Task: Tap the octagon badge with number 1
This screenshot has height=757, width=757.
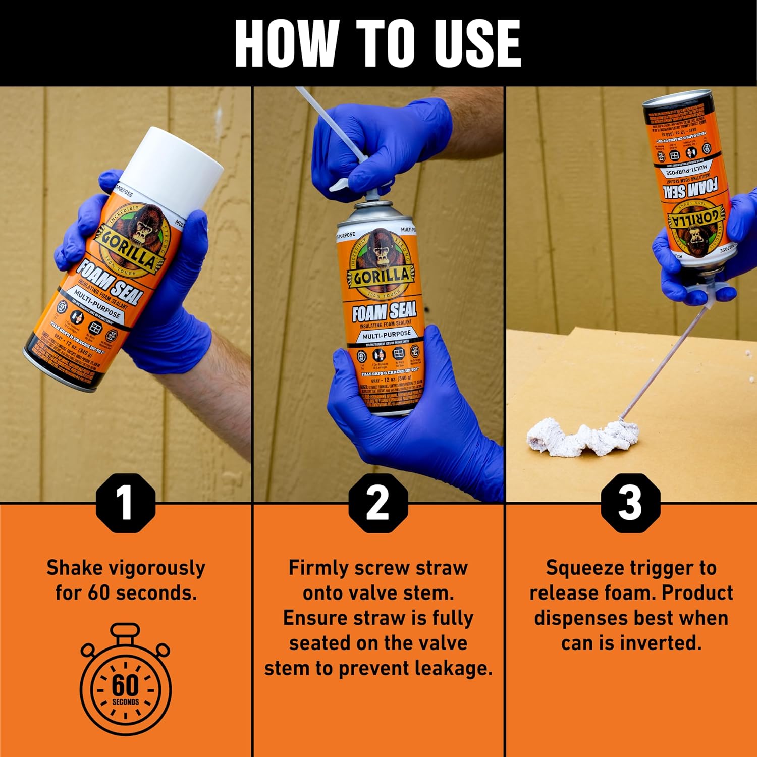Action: click(125, 503)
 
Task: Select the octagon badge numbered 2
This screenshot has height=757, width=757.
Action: click(377, 503)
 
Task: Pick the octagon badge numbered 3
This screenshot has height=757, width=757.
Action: click(630, 503)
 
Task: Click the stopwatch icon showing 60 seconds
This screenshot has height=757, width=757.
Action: click(125, 681)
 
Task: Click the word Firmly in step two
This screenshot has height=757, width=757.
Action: click(318, 568)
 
